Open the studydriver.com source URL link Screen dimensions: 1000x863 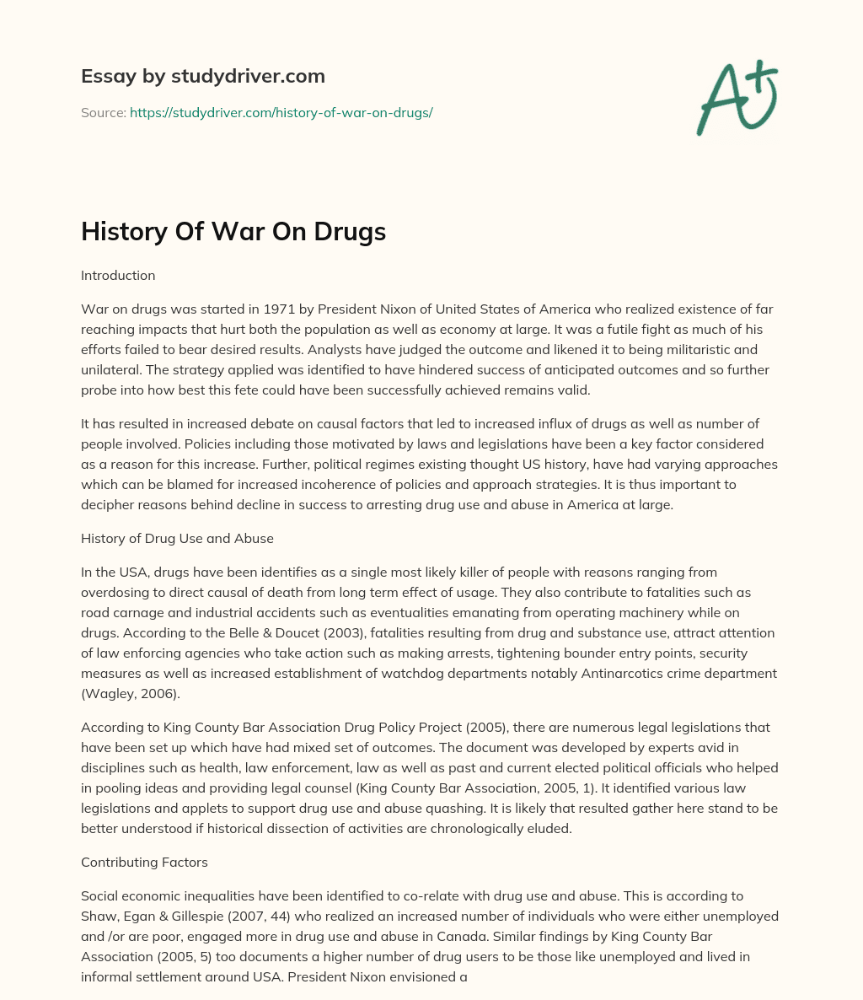coord(281,112)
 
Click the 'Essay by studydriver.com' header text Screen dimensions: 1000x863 coord(202,76)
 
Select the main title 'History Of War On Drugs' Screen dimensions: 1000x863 coord(233,232)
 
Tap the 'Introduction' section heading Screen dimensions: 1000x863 coord(118,276)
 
